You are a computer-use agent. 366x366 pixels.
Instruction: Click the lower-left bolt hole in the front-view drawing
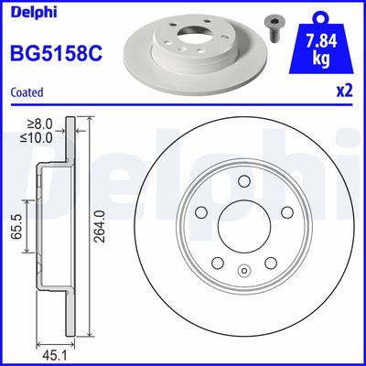tap(217, 262)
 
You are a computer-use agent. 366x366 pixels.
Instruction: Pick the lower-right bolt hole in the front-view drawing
tap(271, 262)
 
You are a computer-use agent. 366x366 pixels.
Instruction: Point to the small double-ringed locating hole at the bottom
tap(244, 270)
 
